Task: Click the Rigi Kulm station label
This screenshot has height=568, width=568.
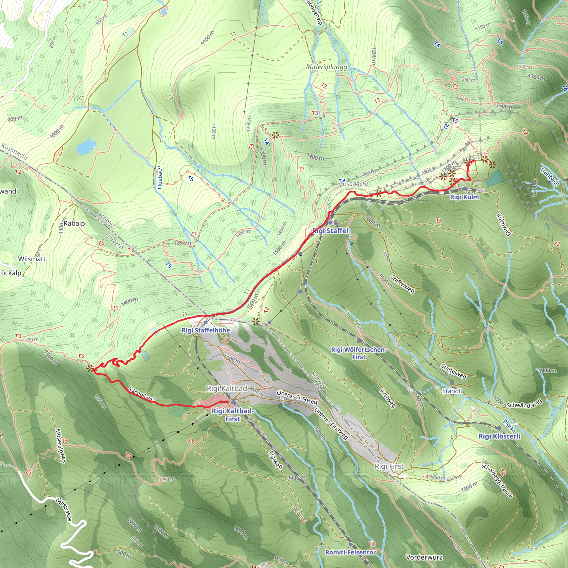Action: coord(464,197)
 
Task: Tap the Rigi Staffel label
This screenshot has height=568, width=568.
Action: coord(330,231)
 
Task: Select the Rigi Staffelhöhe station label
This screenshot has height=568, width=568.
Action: coord(206,330)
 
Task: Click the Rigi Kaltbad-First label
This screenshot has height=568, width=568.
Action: coord(232,415)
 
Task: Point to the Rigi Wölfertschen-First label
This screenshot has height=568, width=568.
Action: coord(359,353)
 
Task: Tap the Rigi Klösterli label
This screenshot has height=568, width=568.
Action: coord(499,436)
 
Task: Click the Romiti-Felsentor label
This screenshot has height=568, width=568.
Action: coord(350,552)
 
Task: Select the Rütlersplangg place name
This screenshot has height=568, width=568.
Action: coord(326,67)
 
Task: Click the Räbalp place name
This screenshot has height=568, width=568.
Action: coord(74,224)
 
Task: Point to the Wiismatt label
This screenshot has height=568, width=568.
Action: coord(32,259)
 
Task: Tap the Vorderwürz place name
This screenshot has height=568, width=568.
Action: coord(424,557)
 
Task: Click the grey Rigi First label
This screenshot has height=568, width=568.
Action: coord(389,466)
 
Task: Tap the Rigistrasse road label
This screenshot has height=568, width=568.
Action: coord(64,509)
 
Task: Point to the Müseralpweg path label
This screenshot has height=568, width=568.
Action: coord(60,446)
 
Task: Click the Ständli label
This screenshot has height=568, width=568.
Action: coord(452,391)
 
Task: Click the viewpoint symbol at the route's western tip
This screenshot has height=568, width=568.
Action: coord(90,368)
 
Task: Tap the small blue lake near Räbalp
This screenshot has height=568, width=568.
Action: coord(85,146)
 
